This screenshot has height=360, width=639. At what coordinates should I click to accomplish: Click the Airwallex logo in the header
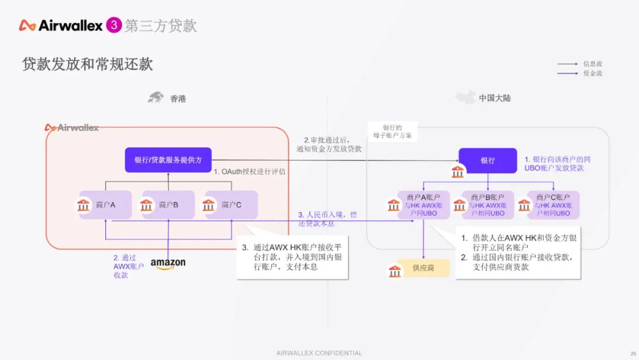coord(60,25)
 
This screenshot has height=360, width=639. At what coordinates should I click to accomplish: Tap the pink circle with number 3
coord(114,25)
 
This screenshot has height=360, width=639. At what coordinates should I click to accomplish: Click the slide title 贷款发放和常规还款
coord(88,64)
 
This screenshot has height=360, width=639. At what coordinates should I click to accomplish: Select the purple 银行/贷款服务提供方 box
coord(168,160)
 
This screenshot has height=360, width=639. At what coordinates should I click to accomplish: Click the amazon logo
coord(167,263)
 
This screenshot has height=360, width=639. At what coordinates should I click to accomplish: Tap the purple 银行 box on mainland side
coord(488,160)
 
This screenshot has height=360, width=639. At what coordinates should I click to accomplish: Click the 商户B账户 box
coord(488,205)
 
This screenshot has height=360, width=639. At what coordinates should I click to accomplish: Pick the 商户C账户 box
coord(553,205)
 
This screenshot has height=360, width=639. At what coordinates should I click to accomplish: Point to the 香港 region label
coord(177,98)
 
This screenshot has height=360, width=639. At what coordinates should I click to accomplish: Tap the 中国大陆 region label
coord(495,98)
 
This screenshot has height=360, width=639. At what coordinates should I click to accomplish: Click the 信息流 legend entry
coord(592,64)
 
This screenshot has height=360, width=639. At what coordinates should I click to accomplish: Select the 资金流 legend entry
coord(592,73)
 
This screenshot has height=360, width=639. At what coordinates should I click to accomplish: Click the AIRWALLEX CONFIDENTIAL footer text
coord(319,353)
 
